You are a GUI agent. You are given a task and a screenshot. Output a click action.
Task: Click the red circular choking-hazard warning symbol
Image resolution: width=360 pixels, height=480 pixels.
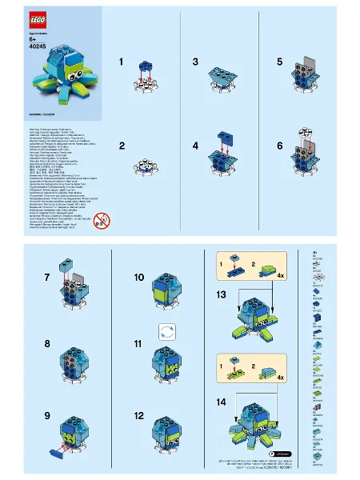[102, 219]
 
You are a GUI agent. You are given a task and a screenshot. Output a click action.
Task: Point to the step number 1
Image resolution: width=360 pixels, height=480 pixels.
[122, 61]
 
